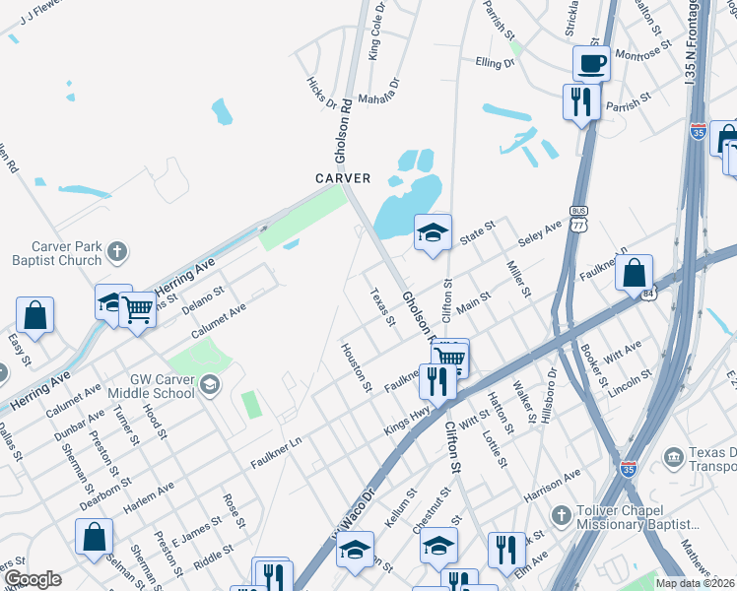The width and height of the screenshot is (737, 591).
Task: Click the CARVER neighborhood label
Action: (343, 178)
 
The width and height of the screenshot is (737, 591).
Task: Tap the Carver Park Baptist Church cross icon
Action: (117, 250)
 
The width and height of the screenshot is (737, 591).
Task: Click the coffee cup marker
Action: (591, 63)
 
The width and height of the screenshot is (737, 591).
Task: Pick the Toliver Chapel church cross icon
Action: (561, 515)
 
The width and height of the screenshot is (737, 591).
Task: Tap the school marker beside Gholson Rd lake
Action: (433, 232)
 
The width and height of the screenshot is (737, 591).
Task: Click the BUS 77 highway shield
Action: (579, 217)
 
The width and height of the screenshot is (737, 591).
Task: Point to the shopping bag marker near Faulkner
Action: (635, 272)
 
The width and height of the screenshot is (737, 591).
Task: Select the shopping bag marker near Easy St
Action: (35, 315)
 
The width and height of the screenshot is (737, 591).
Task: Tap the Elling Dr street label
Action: (495, 62)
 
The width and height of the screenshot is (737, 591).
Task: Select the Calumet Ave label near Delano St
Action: (219, 321)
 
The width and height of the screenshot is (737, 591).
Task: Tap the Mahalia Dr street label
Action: (380, 91)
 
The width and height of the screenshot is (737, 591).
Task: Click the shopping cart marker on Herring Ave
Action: (137, 309)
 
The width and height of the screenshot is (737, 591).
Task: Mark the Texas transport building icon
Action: (674, 457)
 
